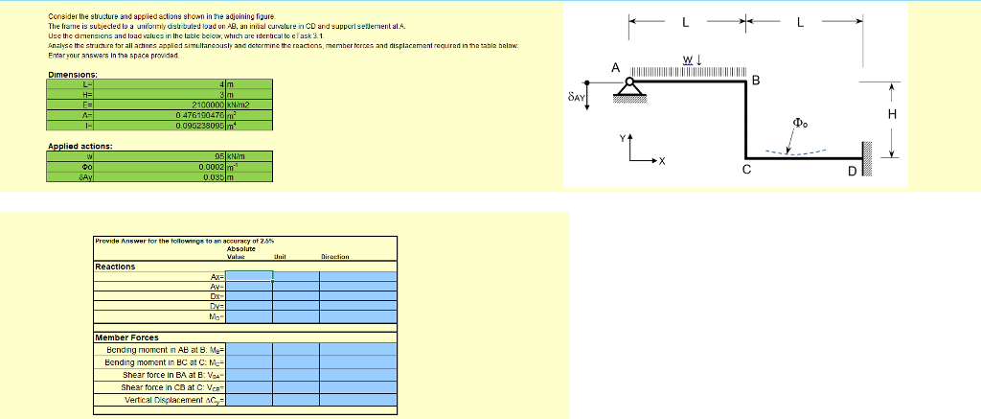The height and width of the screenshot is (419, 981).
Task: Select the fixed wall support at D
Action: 869,158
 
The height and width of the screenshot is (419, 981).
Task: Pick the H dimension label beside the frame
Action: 892,115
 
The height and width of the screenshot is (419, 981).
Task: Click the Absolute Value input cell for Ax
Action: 249,276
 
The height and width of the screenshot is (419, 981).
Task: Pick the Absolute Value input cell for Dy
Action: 249,305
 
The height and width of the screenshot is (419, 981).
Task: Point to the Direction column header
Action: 339,257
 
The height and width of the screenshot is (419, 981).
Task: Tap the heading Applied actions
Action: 80,146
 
